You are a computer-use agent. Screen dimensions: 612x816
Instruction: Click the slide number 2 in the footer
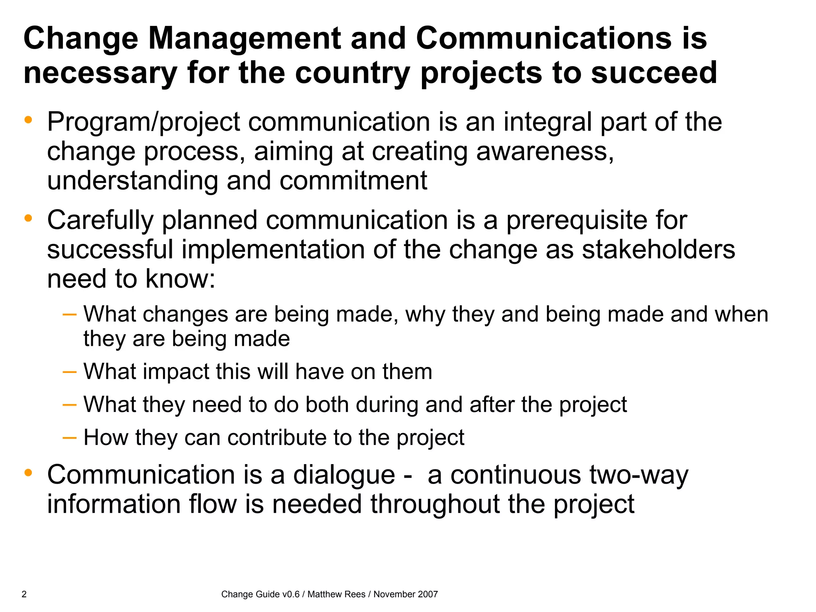coord(24,594)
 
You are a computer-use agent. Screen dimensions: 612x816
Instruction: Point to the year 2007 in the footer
coord(428,594)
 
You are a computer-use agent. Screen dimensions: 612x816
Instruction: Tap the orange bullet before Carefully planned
coord(28,218)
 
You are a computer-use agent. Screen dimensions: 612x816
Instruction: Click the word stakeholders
coord(658,249)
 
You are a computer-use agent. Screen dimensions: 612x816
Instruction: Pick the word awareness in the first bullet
coord(544,151)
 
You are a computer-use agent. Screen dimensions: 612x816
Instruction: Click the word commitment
coord(353,180)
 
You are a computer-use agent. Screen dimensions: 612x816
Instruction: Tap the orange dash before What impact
coord(69,372)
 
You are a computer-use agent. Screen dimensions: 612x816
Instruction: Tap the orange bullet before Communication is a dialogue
coord(28,473)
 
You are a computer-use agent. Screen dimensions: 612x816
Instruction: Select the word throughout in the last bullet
coord(435,504)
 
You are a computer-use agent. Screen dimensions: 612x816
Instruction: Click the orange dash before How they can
coord(69,437)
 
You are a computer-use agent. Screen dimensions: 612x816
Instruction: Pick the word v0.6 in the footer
coord(290,594)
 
